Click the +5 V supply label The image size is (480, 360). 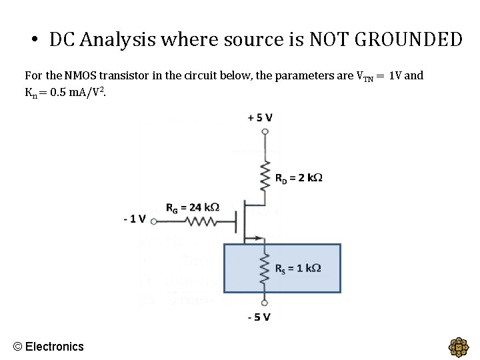[x=260, y=118]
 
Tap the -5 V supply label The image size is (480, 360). [x=259, y=317]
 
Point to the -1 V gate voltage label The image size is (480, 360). [x=135, y=219]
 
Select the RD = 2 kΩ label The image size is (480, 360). [x=299, y=178]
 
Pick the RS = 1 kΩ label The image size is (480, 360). [x=299, y=268]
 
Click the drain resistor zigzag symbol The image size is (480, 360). [x=265, y=175]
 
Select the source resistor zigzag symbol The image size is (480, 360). [x=265, y=268]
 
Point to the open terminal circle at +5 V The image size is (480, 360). [x=265, y=131]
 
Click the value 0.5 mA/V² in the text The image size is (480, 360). [x=77, y=91]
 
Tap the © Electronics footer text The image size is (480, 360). [x=49, y=346]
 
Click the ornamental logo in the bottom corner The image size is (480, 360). [x=459, y=347]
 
